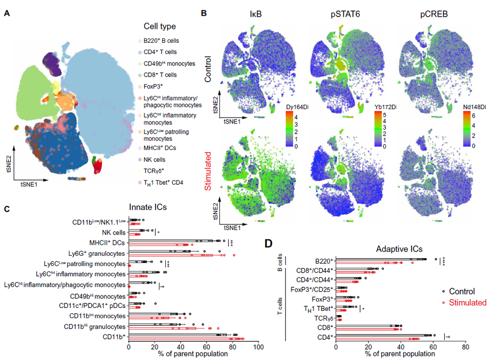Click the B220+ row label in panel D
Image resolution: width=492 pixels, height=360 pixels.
coord(322,261)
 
